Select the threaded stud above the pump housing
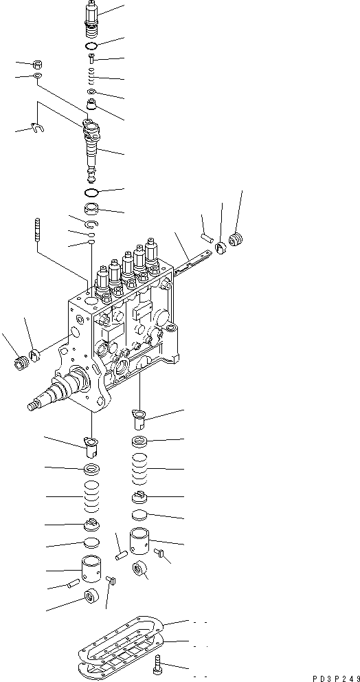click(35, 229)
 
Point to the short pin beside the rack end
click(205, 238)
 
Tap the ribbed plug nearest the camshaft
click(21, 360)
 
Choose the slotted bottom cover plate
click(117, 653)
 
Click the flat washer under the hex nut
click(37, 75)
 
